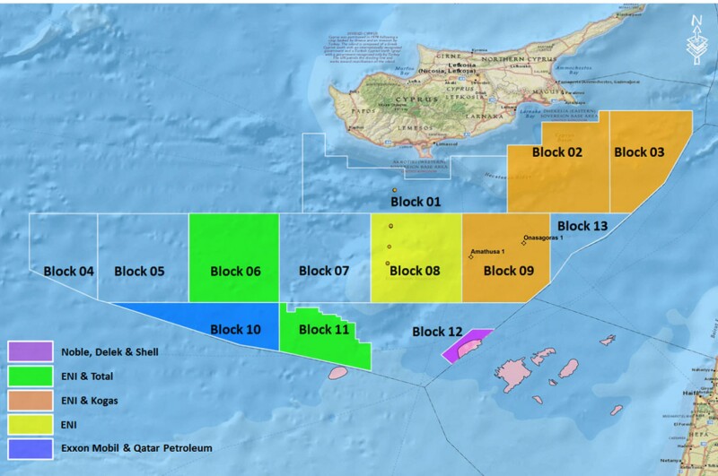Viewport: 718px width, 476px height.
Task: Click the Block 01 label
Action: [x=415, y=203]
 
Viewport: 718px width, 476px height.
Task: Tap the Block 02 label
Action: [x=556, y=152]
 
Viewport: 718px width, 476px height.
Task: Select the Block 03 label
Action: [x=639, y=152]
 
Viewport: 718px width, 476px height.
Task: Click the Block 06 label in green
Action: [x=235, y=271]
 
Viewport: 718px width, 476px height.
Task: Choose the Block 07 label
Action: [x=323, y=271]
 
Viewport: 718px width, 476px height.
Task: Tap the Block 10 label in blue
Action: [x=235, y=330]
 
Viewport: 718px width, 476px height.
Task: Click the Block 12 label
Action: [x=438, y=332]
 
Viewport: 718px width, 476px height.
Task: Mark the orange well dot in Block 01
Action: [x=394, y=191]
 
